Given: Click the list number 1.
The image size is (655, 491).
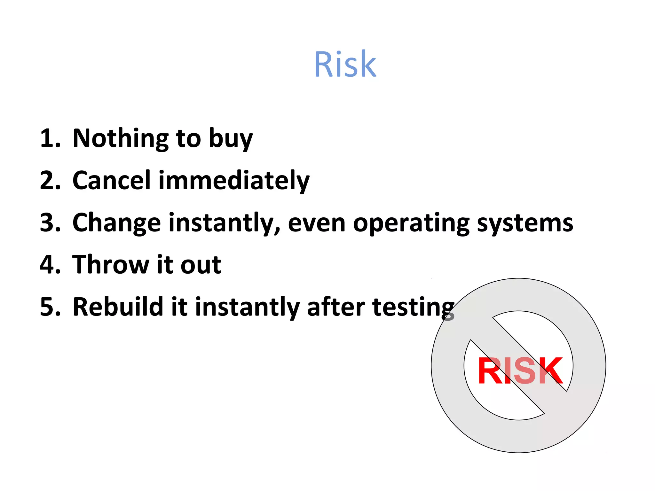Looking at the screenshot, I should pos(50,138).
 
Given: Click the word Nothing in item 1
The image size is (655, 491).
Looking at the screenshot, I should pos(121,138).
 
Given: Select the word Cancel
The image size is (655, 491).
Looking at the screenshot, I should pos(112,180).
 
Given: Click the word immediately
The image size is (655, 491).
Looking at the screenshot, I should pos(234,181).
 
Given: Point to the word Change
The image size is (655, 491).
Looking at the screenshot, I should pos(117,223).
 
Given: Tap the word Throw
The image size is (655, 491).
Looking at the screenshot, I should pos(110,265).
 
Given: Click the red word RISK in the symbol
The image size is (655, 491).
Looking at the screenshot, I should pos(520,371).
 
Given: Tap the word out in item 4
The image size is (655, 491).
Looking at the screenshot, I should pos(201,265).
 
